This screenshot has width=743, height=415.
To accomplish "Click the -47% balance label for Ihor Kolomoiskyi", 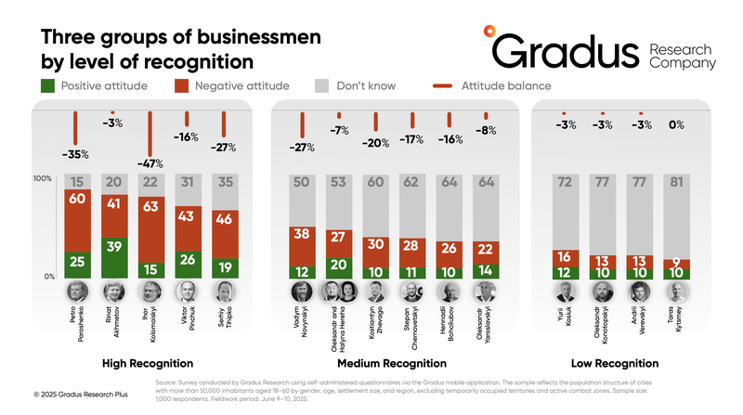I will (151, 165).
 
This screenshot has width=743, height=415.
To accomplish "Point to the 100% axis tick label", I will (42, 177).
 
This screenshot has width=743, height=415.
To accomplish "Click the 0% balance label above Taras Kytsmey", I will (677, 124).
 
